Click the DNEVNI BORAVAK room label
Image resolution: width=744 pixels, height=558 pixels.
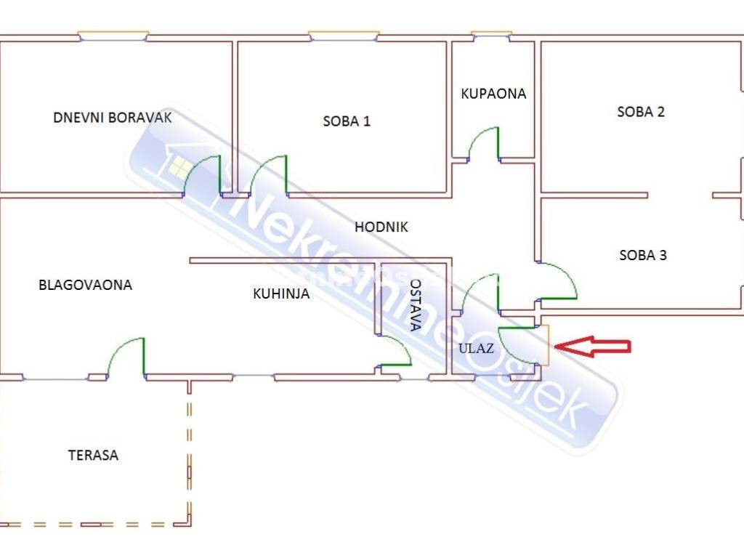point(113,117)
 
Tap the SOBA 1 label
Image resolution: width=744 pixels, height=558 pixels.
point(347,121)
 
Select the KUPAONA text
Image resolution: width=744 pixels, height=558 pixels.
point(493,94)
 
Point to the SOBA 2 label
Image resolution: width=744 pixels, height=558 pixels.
point(641,111)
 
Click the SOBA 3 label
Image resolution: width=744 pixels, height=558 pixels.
point(643,255)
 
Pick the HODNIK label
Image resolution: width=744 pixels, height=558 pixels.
point(381,227)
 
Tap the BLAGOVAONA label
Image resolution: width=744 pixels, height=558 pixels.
point(86,285)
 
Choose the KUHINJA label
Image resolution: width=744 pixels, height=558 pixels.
point(281,294)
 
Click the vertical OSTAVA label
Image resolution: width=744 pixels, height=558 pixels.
point(415,304)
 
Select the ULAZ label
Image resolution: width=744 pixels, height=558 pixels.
point(476,348)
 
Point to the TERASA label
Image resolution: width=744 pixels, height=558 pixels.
point(93,455)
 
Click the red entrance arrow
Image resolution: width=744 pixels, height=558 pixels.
point(593,347)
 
